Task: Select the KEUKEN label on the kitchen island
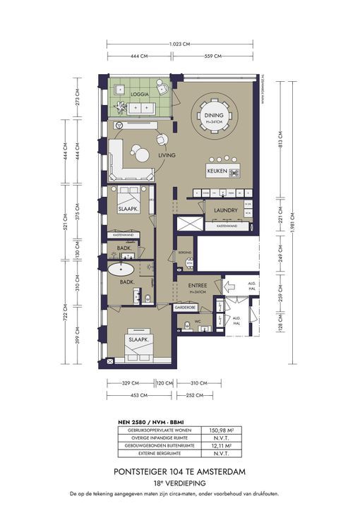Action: click(217, 171)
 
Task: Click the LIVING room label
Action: click(167, 155)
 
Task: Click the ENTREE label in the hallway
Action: click(198, 286)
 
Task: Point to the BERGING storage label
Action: click(186, 251)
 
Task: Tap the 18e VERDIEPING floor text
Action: click(179, 483)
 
